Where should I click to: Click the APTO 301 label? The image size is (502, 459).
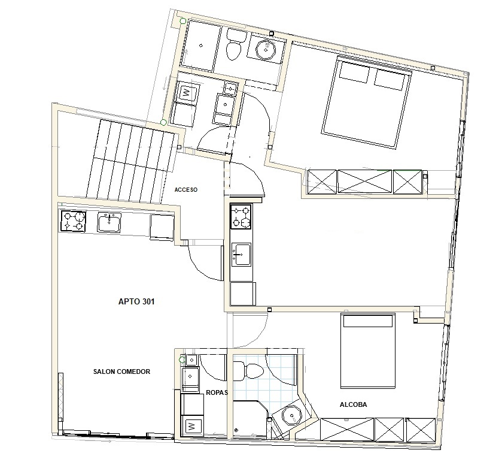[136, 301]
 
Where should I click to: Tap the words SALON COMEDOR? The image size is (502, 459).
[121, 372]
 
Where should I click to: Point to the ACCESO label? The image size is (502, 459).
[186, 190]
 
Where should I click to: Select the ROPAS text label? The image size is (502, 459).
[217, 392]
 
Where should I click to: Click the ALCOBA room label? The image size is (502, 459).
[353, 405]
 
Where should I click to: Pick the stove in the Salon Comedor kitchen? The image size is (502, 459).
[74, 221]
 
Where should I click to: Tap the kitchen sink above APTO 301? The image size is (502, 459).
[109, 222]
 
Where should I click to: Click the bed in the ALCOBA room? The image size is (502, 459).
[368, 351]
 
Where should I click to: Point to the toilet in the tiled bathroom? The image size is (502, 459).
[248, 371]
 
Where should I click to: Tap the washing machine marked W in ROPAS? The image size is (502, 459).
[192, 426]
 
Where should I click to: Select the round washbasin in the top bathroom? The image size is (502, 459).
[266, 50]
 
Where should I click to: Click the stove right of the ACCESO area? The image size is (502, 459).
[241, 217]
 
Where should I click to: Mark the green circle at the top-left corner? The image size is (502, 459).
[183, 21]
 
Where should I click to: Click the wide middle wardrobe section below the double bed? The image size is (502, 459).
[365, 182]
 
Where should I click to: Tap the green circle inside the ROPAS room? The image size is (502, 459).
[182, 360]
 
